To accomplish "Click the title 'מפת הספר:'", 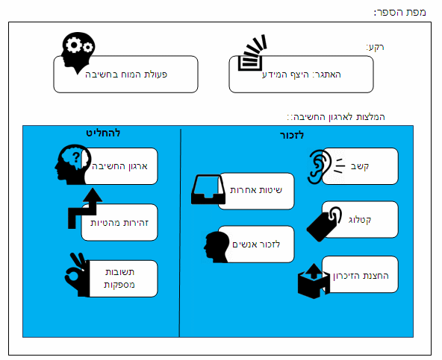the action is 399,12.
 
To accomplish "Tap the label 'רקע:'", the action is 375,47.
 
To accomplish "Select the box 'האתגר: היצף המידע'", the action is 301,75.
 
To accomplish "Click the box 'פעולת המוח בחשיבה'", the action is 125,75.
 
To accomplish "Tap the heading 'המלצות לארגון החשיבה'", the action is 336,117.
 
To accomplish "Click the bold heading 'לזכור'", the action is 292,135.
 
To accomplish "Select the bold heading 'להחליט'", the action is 103,133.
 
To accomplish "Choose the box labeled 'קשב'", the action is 360,166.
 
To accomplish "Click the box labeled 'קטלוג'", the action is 360,220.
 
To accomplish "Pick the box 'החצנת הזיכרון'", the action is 360,274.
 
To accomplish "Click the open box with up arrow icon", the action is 314,281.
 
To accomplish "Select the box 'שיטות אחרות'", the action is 256,191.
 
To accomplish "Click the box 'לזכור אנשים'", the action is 256,244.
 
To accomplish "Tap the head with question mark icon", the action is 72,165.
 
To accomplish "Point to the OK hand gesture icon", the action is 77,274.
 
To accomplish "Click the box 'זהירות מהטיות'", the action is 119,222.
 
